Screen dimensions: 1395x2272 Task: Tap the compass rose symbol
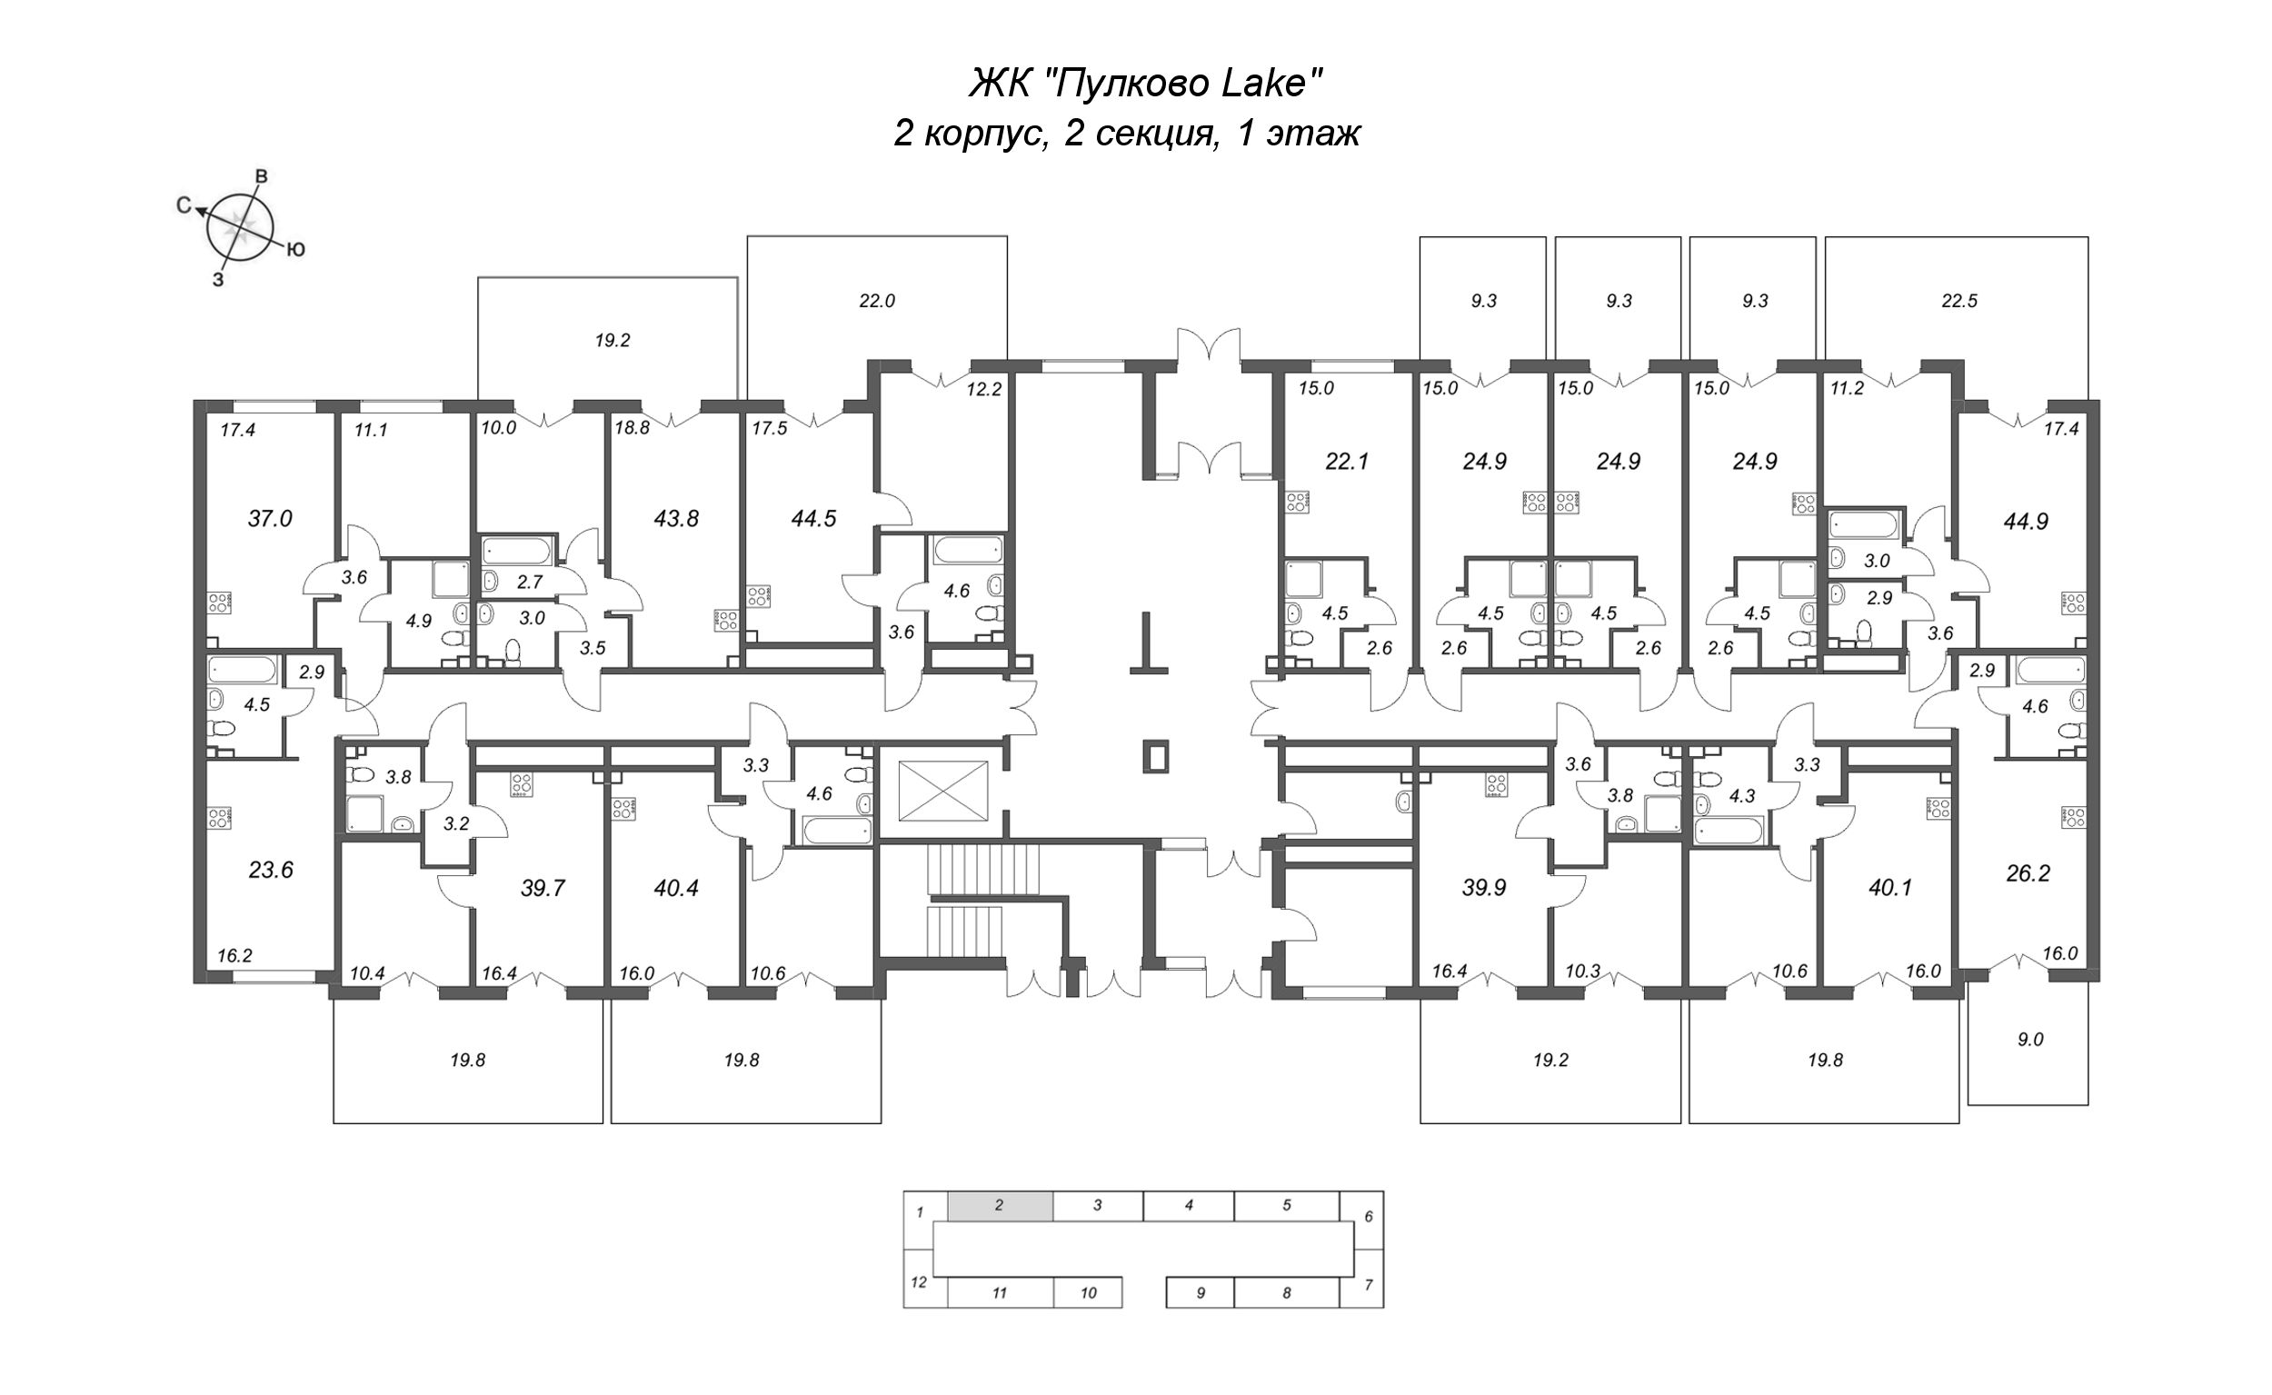pos(240,225)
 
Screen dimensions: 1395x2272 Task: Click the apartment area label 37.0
pos(269,519)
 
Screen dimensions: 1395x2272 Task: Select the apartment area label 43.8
pos(676,519)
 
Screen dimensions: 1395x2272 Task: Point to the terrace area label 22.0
pos(876,301)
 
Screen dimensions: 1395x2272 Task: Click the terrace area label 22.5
pos(1959,301)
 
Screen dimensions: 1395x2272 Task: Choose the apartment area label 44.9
pos(2026,522)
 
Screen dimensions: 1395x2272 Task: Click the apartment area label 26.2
pos(2028,872)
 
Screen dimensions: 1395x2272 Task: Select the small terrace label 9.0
pos(2030,1039)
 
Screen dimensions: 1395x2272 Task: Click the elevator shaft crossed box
pos(942,791)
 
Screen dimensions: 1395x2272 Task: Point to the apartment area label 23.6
pos(270,869)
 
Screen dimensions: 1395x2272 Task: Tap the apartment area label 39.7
pos(543,888)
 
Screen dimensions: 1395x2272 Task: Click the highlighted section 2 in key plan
pos(1000,1205)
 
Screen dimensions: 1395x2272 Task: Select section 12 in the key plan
pos(918,1281)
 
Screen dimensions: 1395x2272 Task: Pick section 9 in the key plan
pos(1201,1292)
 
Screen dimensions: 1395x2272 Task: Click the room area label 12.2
pos(984,389)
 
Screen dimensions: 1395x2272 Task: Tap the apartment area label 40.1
pos(1889,888)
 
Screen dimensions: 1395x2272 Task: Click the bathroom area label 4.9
pos(419,621)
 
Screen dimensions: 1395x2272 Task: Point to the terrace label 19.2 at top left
pos(612,341)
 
